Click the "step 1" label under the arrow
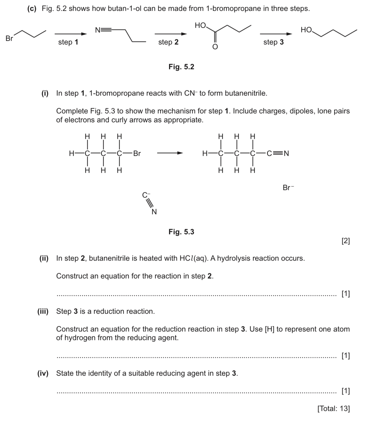(68, 42)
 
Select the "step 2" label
(168, 42)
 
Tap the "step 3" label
(274, 42)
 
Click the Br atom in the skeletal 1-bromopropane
(9, 39)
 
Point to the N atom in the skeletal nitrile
(98, 30)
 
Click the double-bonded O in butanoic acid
(215, 47)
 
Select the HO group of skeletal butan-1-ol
(307, 30)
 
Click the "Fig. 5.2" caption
(181, 67)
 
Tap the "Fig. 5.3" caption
(181, 232)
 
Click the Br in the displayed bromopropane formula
(137, 153)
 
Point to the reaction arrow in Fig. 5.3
(170, 153)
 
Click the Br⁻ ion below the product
(288, 188)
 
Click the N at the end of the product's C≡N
(286, 153)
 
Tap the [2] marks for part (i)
(345, 241)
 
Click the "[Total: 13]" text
(334, 408)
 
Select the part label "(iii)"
(43, 311)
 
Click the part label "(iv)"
(43, 373)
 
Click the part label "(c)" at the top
(32, 9)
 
